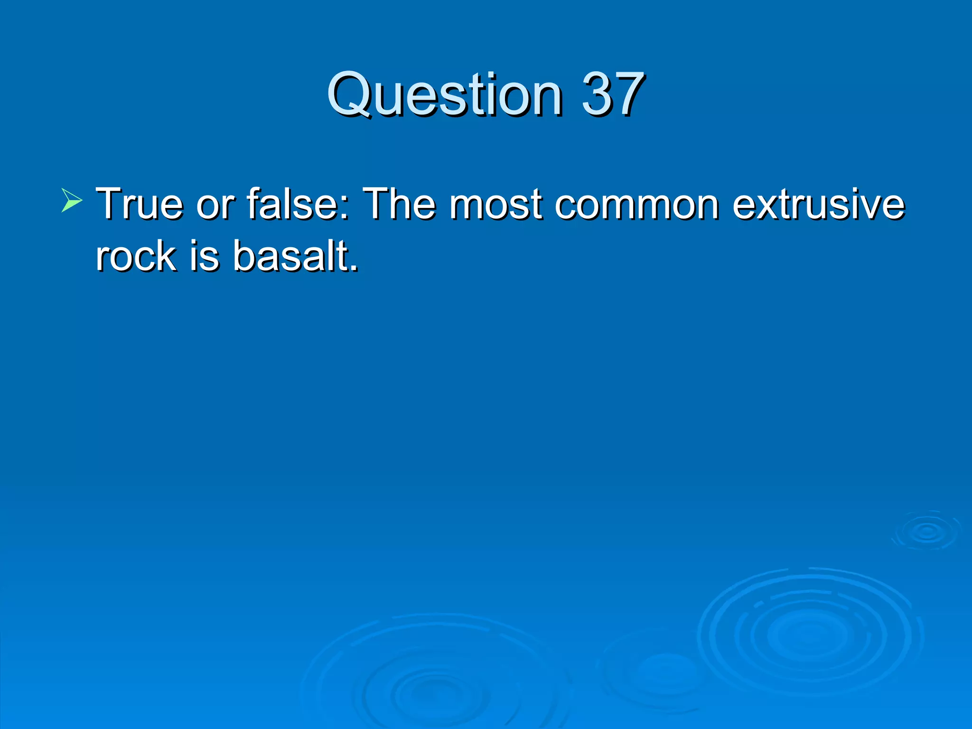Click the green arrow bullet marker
[x=72, y=200]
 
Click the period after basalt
[x=354, y=269]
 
